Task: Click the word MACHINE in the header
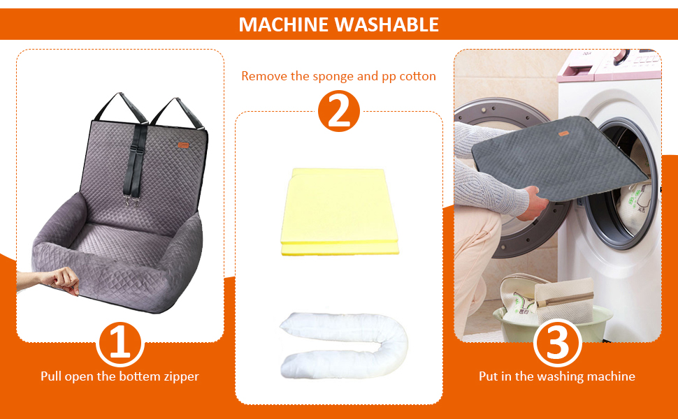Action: pos(284,24)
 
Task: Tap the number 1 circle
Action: pos(120,344)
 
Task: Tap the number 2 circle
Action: pos(338,110)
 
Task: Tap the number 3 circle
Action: pos(557,344)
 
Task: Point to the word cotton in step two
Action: pos(418,76)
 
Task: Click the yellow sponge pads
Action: pos(339,211)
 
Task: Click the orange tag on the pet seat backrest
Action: pos(184,145)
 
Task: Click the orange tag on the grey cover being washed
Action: pos(563,133)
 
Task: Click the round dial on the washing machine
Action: pos(621,56)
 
